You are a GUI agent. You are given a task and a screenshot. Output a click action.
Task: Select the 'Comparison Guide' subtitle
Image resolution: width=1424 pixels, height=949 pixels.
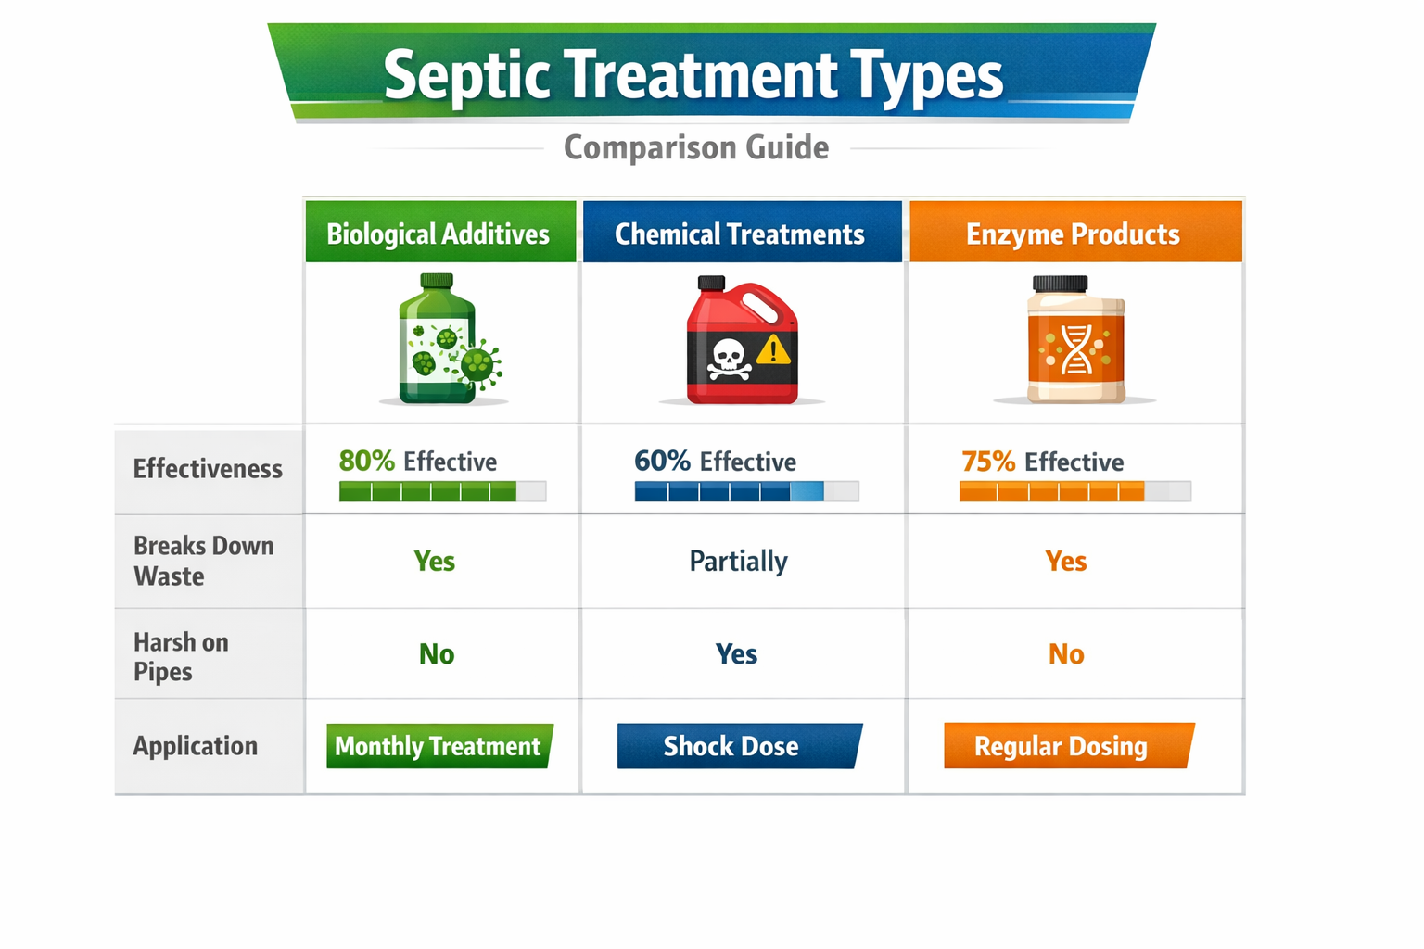(696, 148)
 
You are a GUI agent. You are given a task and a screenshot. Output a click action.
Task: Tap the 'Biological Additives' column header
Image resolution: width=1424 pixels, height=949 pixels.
(439, 234)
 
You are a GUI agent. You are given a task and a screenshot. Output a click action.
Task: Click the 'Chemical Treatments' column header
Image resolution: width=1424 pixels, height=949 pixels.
(740, 234)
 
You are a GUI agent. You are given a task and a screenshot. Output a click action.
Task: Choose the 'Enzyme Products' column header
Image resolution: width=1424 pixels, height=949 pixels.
(1073, 234)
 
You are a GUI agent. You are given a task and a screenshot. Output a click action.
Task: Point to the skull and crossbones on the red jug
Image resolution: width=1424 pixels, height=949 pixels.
(729, 359)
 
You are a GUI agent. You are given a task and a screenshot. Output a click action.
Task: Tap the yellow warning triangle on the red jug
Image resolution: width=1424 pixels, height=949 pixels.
(773, 350)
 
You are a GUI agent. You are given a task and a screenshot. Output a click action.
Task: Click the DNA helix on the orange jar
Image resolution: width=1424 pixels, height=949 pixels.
(1075, 349)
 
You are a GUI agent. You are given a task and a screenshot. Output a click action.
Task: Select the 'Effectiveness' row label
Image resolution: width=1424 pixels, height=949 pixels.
(208, 469)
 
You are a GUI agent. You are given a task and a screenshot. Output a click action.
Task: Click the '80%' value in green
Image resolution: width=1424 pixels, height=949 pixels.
(367, 461)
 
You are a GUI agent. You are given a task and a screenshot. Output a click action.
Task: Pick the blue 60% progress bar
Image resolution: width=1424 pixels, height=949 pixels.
(729, 491)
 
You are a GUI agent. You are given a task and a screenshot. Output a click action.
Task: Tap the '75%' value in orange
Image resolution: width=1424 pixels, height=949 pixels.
(988, 462)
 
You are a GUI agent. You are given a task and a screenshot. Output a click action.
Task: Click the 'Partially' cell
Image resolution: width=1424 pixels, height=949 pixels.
(738, 562)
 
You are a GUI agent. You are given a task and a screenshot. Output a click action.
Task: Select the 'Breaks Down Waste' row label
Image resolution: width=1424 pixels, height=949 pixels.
(204, 561)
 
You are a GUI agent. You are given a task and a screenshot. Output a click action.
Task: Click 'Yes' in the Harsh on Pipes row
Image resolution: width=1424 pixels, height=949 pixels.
(736, 654)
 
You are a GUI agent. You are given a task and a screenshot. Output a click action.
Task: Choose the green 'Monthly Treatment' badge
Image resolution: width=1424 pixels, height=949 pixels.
(438, 746)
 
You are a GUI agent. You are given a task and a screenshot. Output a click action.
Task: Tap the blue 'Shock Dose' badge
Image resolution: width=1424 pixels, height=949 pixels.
(732, 746)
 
